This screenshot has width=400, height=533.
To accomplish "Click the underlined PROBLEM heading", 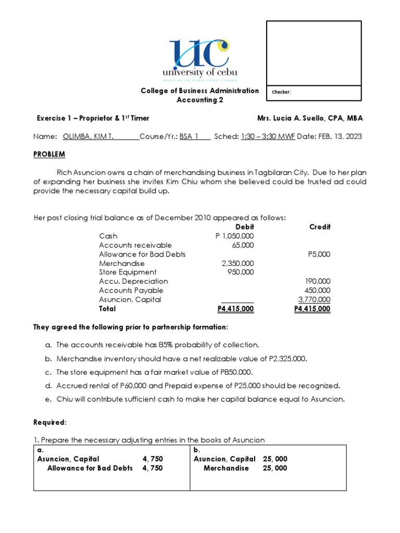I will [49, 155].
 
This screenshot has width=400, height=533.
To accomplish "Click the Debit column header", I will [245, 227].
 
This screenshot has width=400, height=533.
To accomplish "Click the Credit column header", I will [320, 227].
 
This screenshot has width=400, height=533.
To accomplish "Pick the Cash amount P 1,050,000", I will [235, 236].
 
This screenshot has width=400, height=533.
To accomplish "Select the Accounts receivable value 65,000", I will [243, 245].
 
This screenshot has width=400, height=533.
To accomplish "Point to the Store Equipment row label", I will [128, 272].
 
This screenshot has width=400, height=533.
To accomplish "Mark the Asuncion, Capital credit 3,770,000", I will [314, 299].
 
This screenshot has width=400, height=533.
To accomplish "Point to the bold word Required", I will [50, 423].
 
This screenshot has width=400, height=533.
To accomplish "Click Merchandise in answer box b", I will [226, 468].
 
